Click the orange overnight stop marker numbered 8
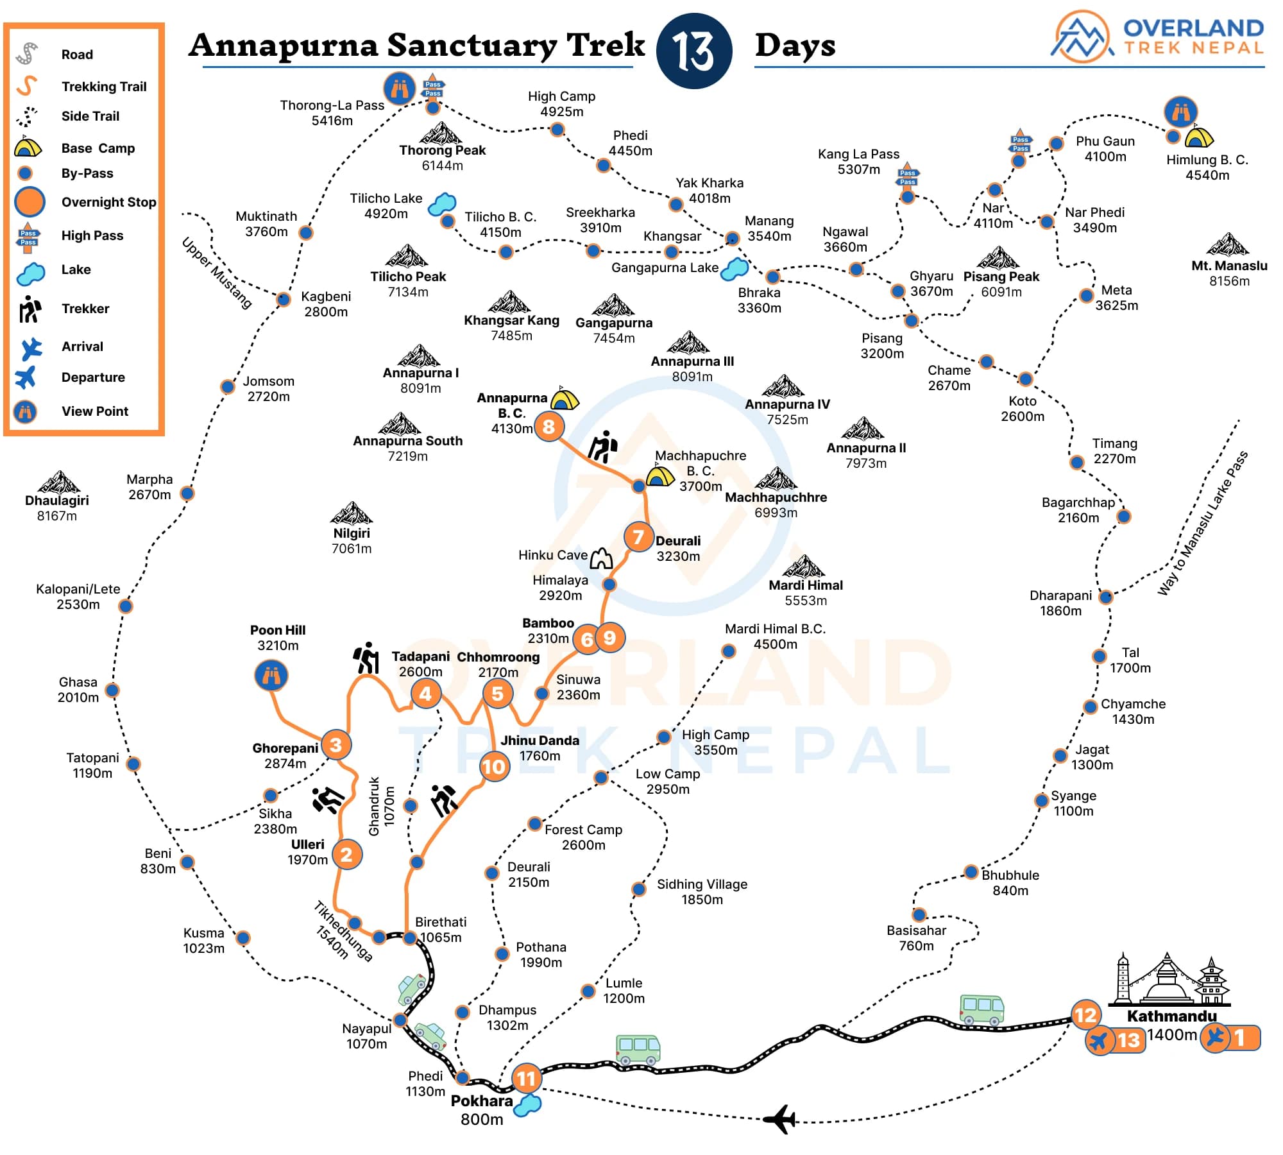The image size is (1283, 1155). coord(548,426)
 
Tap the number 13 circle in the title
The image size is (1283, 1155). coord(694,51)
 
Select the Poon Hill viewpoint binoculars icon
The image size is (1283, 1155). coord(271,676)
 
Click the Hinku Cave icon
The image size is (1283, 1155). coord(601,558)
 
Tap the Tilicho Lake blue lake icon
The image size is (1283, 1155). coord(441,204)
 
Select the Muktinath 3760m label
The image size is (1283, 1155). coord(266,224)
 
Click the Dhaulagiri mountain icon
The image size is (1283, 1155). coord(58,482)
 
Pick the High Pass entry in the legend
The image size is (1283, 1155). coord(92,235)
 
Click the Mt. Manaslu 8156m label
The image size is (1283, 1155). coord(1228,273)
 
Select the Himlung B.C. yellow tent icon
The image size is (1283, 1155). coord(1198,137)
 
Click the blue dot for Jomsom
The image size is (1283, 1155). coord(228,386)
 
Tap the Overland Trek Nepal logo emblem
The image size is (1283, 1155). coord(1082,37)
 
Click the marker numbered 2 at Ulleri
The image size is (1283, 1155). coord(346,854)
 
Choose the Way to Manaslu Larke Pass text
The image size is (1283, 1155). coord(1202,524)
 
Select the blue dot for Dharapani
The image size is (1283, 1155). coord(1105,597)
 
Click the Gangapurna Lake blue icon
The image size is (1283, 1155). coord(735,269)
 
